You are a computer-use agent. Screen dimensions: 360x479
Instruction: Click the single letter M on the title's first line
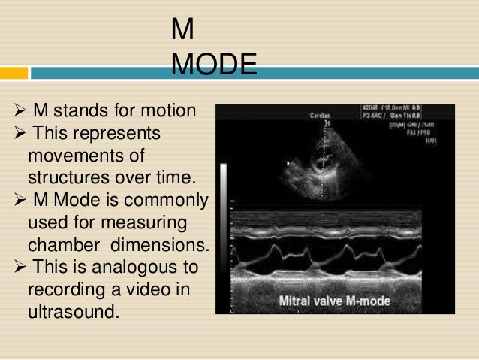182,30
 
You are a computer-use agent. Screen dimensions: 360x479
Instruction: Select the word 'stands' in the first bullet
78,112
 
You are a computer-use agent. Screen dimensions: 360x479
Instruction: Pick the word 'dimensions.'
164,245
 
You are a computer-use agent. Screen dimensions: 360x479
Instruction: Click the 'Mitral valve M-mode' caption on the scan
340,301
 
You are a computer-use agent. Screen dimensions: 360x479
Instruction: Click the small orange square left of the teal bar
14,73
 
